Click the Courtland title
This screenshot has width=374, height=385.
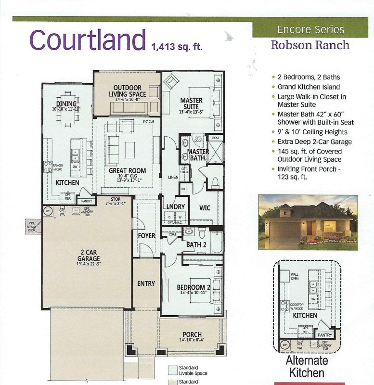pos(88,40)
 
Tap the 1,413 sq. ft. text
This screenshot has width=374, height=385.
pos(177,47)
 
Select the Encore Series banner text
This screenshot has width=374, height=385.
pos(310,29)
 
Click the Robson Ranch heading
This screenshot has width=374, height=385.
pos(310,46)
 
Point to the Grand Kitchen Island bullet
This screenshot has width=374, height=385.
pos(309,87)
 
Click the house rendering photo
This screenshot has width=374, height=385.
pos(308,222)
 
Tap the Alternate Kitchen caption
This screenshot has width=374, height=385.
pos(308,366)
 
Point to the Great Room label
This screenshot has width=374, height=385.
pos(127,171)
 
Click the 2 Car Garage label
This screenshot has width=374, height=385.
pos(87,256)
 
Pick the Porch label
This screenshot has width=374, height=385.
pos(192,335)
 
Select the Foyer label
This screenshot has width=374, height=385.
pos(146,236)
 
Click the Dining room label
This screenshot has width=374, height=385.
pos(66,104)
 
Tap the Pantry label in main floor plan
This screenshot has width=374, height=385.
pos(86,201)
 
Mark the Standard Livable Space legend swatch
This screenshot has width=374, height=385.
pos(173,370)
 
